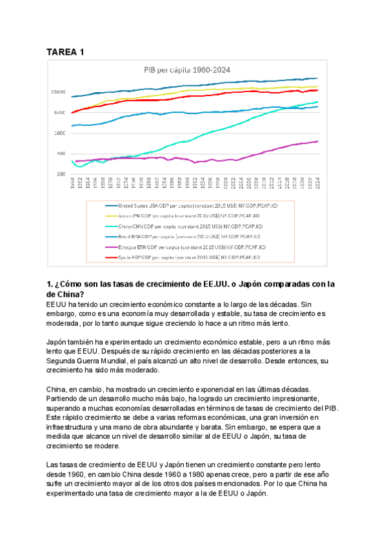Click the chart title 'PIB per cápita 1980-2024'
click(x=188, y=70)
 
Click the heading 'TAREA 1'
click(x=66, y=52)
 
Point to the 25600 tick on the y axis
click(x=59, y=92)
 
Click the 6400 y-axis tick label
click(x=60, y=113)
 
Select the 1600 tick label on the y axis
click(x=60, y=134)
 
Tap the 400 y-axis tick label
click(x=61, y=154)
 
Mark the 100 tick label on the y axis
click(x=61, y=174)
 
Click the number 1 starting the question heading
click(x=50, y=284)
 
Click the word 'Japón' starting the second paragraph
click(x=58, y=342)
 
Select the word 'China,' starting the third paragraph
click(x=59, y=390)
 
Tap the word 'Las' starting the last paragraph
click(x=54, y=464)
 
